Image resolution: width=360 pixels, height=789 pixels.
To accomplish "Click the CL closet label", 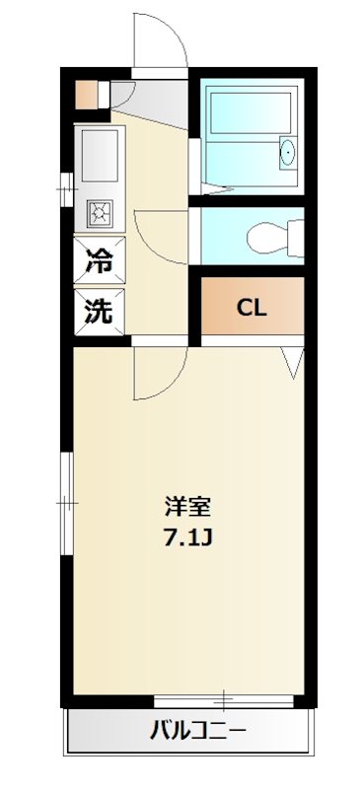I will (x=252, y=306).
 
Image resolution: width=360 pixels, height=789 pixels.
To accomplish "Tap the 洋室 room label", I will (x=187, y=508).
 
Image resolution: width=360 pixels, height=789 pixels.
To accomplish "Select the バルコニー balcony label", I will (x=198, y=733).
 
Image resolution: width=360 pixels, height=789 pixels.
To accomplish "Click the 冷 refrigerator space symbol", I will (x=98, y=262).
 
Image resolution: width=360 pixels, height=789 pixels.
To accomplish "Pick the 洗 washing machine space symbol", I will (x=98, y=312).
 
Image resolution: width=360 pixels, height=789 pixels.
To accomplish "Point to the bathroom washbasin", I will (x=287, y=154).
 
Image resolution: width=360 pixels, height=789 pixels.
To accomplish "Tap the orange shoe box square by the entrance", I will (x=87, y=95).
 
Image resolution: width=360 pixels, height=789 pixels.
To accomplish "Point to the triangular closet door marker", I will (x=294, y=361).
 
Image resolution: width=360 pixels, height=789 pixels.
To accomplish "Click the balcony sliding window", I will (x=224, y=701).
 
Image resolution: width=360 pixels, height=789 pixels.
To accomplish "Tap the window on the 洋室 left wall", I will (x=65, y=502).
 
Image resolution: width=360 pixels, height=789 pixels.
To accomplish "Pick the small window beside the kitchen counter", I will (x=65, y=183).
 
